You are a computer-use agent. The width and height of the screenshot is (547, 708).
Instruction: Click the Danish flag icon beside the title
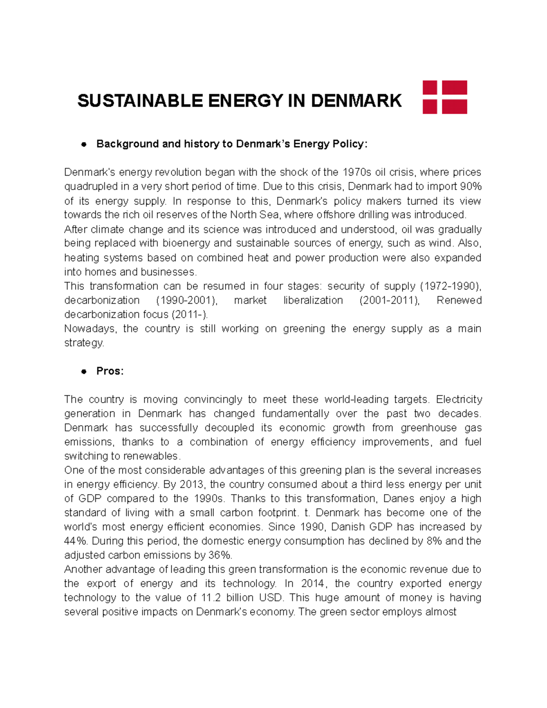point(444,97)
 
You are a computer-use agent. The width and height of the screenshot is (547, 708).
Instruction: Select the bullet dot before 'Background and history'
point(83,145)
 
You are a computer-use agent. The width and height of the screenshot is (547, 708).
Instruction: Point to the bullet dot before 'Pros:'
point(83,372)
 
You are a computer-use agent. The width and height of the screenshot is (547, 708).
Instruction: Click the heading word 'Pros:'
point(110,371)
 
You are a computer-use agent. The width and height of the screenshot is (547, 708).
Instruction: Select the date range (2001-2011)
point(389,300)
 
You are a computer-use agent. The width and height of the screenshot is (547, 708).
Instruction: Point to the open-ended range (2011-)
point(189,315)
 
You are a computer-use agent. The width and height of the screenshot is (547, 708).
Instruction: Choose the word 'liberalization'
point(313,300)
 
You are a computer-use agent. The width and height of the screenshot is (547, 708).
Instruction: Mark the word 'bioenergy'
point(186,243)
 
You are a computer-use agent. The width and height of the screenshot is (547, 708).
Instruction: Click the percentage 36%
point(220,555)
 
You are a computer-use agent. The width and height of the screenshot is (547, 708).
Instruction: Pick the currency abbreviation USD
point(270,598)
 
